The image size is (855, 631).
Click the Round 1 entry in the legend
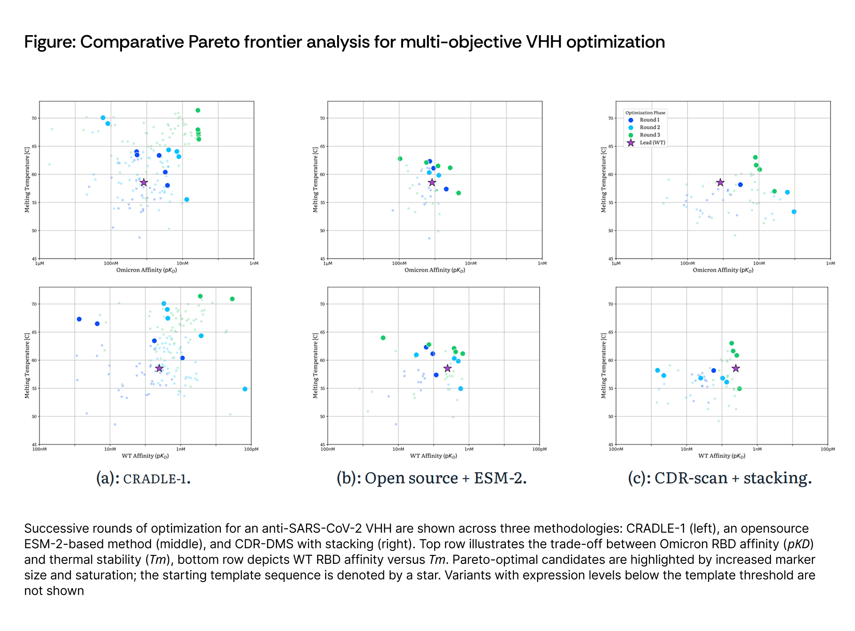click(649, 120)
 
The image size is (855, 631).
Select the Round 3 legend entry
click(650, 135)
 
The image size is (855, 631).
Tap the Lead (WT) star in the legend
click(631, 143)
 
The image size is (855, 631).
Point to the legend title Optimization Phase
click(645, 113)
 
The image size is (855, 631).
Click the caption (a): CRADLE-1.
click(143, 478)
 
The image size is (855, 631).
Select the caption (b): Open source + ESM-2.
click(432, 478)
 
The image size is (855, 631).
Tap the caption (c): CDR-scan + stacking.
click(720, 478)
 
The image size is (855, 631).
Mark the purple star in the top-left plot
click(144, 182)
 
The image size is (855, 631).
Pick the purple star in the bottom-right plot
click(736, 368)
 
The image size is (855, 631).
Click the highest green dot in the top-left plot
click(198, 110)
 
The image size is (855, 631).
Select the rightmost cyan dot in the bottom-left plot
click(245, 389)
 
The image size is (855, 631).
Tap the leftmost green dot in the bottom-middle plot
click(383, 338)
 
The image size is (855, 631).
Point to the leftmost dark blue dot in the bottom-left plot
click(79, 319)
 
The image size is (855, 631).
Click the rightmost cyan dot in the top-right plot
click(794, 212)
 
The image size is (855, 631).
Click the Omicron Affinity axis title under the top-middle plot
click(435, 270)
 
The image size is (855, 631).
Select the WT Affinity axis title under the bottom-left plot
click(145, 456)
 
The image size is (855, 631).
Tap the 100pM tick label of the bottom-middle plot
click(539, 449)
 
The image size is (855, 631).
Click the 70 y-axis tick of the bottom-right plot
click(611, 304)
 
